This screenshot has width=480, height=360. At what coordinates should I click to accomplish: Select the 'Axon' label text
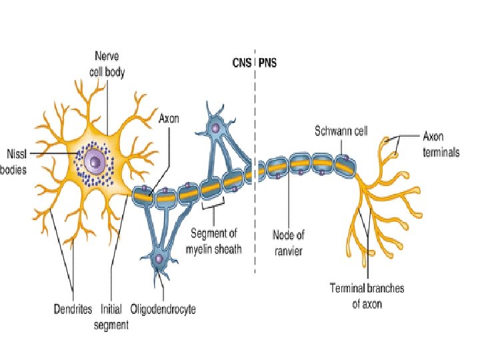point(169,119)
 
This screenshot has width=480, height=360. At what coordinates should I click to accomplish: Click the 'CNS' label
point(241,64)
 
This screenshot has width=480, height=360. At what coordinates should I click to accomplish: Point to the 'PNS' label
point(267,64)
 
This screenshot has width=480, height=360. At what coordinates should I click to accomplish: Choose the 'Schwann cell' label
point(341,131)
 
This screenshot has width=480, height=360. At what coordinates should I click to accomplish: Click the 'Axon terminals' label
point(441,144)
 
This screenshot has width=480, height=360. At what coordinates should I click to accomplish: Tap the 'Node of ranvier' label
point(289,243)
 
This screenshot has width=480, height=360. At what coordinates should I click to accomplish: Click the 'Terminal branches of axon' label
point(367,296)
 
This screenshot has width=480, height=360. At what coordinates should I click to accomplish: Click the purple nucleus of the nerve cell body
point(96,161)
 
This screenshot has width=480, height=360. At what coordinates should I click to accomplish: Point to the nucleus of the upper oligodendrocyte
point(215,127)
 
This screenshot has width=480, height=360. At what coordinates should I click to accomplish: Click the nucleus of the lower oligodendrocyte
point(159,258)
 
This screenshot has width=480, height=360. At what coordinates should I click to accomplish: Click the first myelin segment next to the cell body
point(143,195)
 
